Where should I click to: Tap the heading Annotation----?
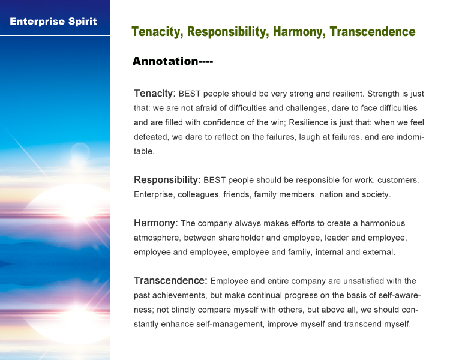[173, 61]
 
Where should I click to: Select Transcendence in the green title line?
[373, 32]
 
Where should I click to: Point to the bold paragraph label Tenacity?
[155, 94]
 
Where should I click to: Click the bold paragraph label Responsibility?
[167, 180]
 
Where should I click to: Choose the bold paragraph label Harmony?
[156, 223]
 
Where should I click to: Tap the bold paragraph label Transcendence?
[170, 280]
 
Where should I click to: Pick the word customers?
[398, 180]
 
